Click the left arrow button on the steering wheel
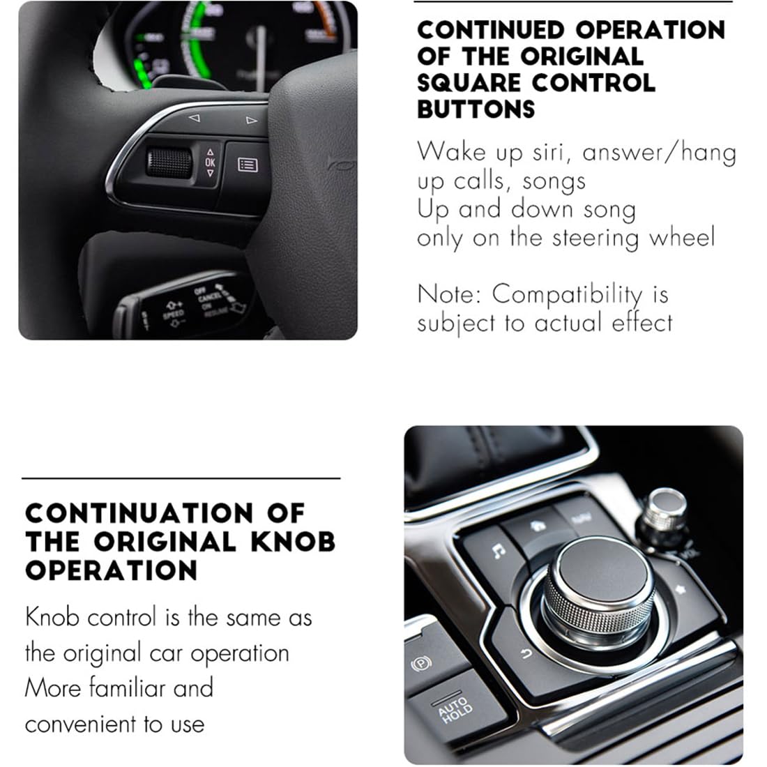click(x=195, y=118)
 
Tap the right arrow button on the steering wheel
click(x=251, y=120)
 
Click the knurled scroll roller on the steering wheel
click(x=169, y=162)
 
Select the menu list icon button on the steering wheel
click(x=248, y=165)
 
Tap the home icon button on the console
click(x=538, y=526)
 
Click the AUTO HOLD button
click(x=455, y=709)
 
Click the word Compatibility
click(x=567, y=296)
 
